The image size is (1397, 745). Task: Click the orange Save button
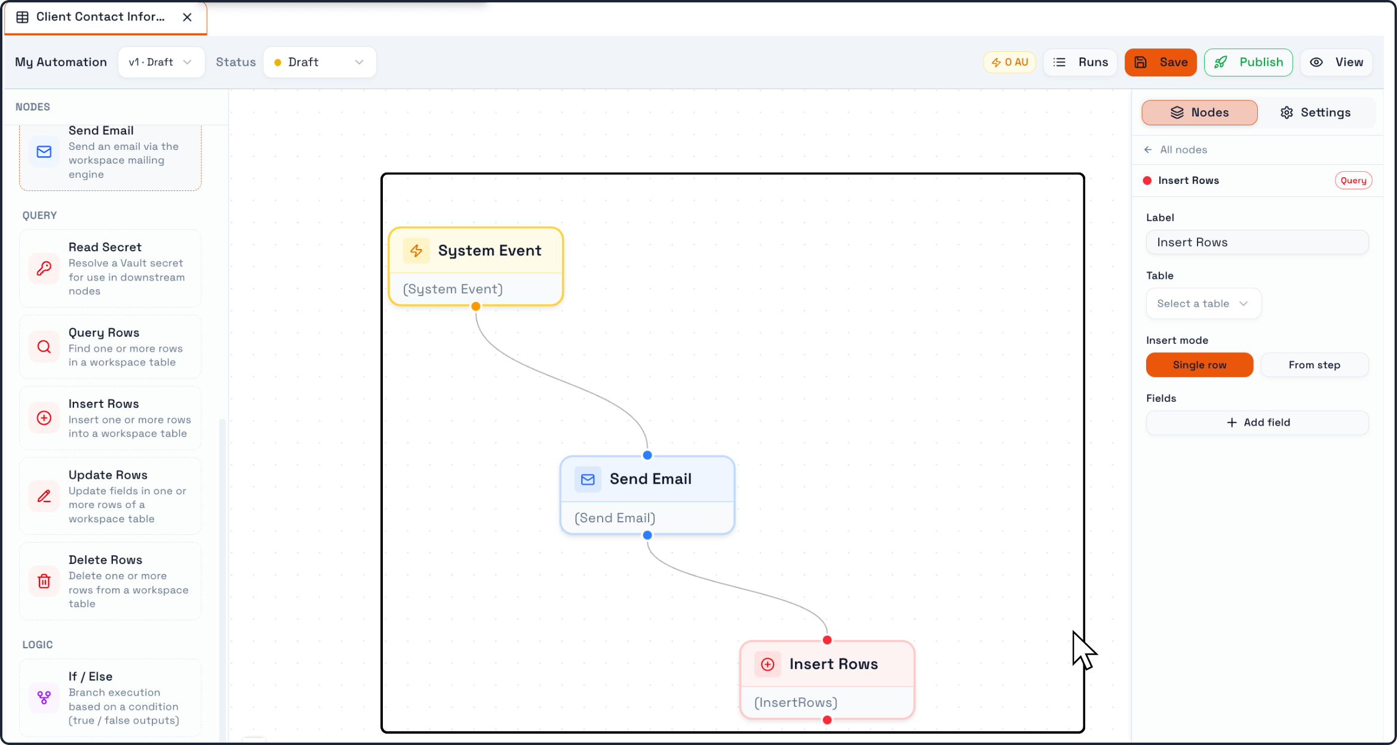(1160, 62)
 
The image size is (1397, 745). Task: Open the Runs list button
(1080, 62)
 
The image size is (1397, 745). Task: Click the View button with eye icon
(1337, 62)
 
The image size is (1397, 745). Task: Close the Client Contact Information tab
(188, 17)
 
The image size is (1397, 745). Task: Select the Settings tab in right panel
(1316, 112)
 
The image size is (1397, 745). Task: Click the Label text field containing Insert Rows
(1257, 242)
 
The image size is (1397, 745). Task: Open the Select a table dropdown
(1203, 304)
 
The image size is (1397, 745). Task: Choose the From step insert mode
(1314, 365)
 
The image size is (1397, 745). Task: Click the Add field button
(1257, 423)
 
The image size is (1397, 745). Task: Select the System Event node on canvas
(476, 266)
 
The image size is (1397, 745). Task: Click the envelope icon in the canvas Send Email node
(588, 479)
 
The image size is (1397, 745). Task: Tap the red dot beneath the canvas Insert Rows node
(827, 720)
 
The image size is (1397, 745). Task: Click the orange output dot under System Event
(476, 306)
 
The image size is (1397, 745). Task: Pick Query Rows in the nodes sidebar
(110, 347)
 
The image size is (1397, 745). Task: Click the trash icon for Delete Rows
(44, 581)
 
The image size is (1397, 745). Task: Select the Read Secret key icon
(44, 269)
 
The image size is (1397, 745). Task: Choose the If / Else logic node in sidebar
(110, 698)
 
